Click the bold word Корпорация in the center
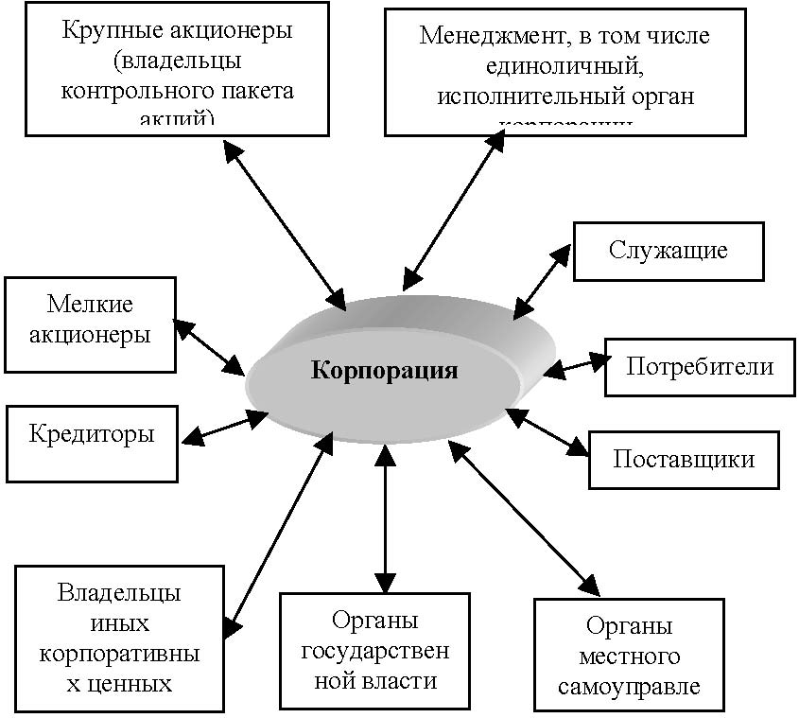coord(385,370)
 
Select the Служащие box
coord(668,251)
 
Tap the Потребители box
coord(698,367)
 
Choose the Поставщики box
coord(684,460)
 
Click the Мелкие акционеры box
coord(90,324)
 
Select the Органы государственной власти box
coord(374,651)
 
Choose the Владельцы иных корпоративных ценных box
coord(119,639)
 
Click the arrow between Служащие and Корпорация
coord(543,281)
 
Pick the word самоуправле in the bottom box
coord(629,687)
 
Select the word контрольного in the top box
coord(122,92)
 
